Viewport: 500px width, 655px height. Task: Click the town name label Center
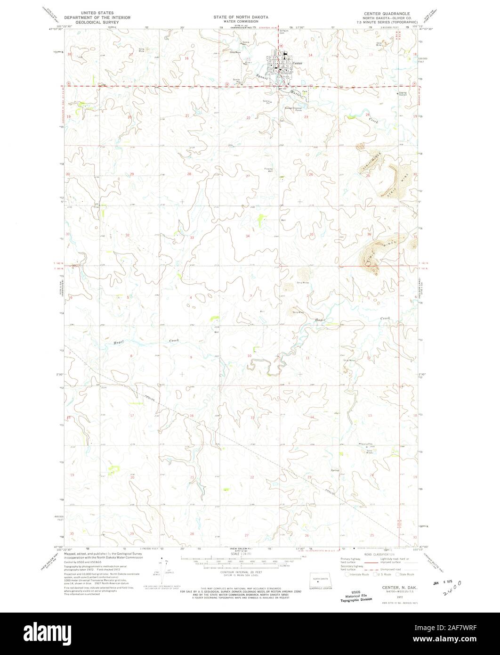point(297,63)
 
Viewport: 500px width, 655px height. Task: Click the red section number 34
point(248,236)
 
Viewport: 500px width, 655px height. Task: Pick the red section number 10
point(249,356)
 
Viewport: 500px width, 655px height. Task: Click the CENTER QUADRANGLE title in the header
point(390,14)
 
